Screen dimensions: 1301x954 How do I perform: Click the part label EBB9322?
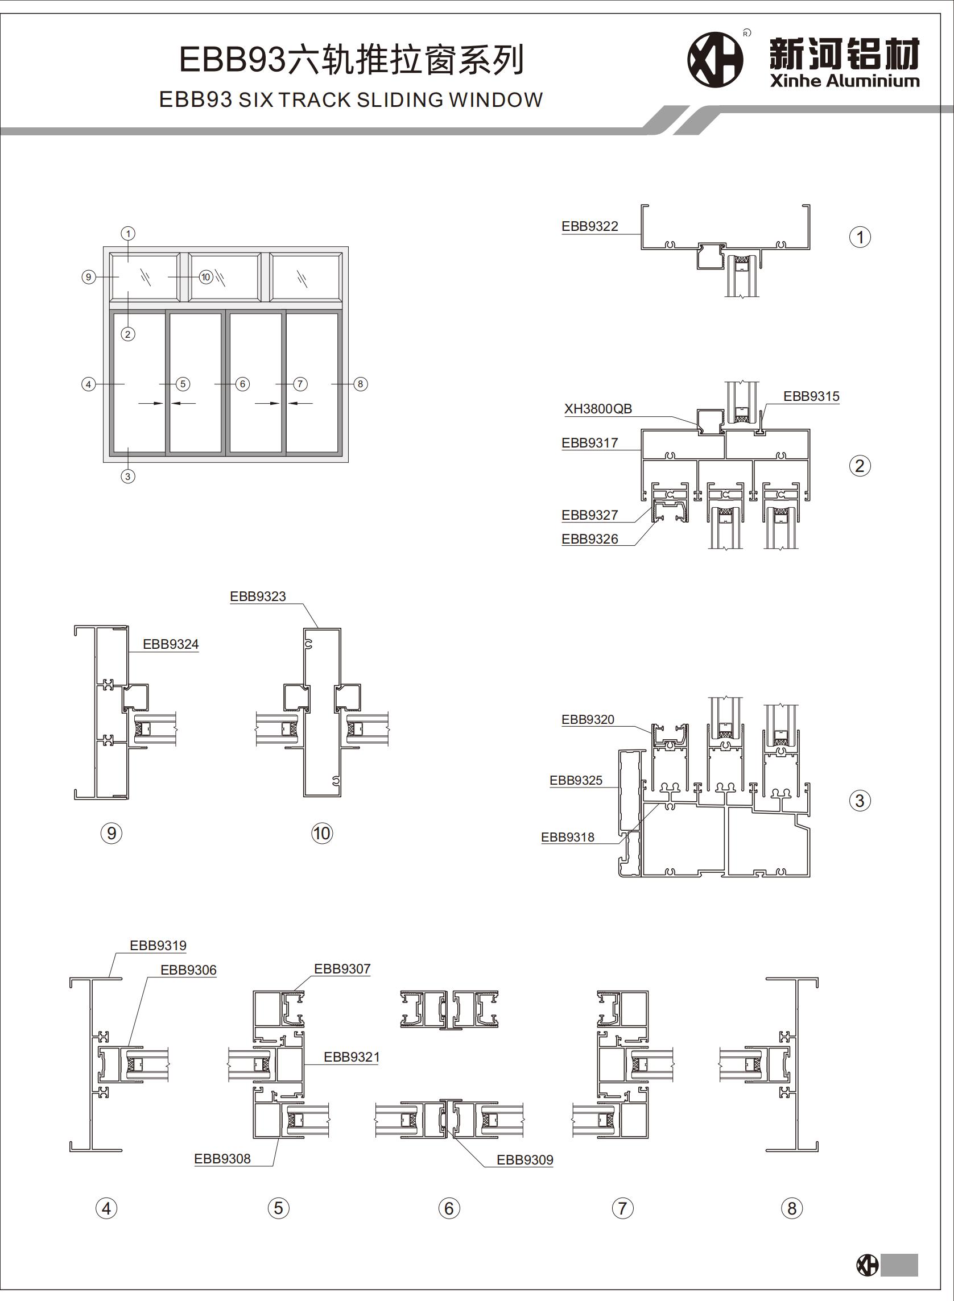point(589,226)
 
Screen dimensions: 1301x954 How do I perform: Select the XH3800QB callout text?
point(598,409)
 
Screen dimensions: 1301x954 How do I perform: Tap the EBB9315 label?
point(811,396)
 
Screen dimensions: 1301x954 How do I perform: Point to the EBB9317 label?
point(589,443)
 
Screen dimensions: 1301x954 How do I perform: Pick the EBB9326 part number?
point(589,538)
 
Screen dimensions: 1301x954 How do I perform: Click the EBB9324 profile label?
point(170,644)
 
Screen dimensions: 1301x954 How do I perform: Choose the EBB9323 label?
point(258,596)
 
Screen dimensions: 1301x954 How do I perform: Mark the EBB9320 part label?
point(588,719)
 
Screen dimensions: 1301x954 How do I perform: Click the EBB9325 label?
point(576,780)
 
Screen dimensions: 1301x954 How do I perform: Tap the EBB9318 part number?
point(567,837)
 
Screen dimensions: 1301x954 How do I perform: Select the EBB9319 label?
point(158,946)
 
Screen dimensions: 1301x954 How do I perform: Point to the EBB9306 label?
point(188,970)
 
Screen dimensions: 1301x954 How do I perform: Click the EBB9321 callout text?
point(351,1057)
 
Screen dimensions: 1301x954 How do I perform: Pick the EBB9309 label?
point(525,1159)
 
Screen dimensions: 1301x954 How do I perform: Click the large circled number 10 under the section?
point(321,833)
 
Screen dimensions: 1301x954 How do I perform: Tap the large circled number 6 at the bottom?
point(449,1208)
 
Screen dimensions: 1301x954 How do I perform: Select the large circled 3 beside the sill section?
point(860,801)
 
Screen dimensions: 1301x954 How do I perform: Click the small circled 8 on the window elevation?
point(360,384)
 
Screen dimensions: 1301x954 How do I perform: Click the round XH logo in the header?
point(715,60)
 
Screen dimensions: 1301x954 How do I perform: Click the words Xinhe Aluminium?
point(844,81)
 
